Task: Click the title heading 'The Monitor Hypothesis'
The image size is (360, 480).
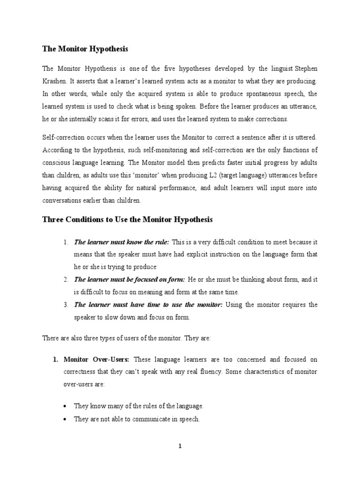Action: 85,49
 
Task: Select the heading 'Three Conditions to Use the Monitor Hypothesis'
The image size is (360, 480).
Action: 127,219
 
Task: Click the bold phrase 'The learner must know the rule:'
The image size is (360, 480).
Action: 122,242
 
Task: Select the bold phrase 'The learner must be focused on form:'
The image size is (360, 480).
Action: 129,279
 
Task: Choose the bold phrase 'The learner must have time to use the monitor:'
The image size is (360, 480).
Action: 149,305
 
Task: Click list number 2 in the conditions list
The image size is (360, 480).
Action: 66,279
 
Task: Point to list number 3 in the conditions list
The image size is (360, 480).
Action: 66,305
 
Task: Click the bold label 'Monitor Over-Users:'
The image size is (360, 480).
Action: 98,360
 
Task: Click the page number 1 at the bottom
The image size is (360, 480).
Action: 180,447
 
